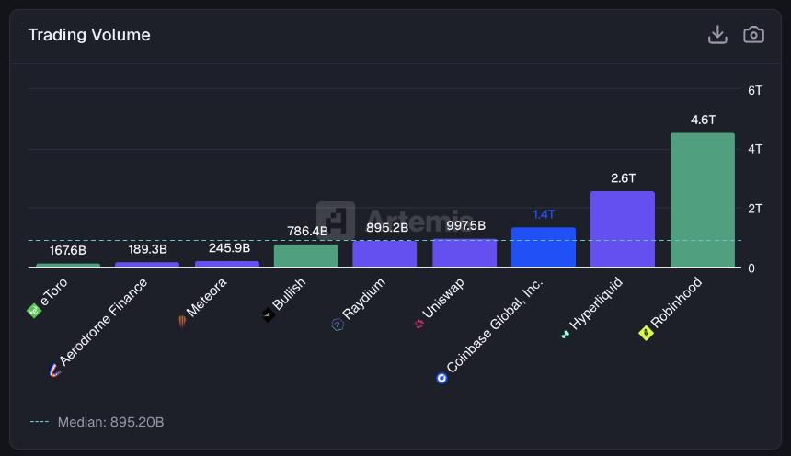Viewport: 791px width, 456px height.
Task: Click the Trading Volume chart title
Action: (x=89, y=35)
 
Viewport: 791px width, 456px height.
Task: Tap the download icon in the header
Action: (x=717, y=35)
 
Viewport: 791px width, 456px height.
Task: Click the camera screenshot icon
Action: (x=753, y=35)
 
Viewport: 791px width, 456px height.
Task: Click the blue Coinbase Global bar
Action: (x=544, y=247)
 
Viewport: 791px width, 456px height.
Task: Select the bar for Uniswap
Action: (x=464, y=254)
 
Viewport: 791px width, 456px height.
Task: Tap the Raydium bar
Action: (x=384, y=255)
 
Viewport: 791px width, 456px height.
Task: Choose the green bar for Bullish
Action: (x=305, y=256)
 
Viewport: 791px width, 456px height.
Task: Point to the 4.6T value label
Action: (x=703, y=120)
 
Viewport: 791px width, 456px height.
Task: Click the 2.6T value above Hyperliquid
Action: (x=623, y=177)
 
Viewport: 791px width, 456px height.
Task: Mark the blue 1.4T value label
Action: (x=544, y=214)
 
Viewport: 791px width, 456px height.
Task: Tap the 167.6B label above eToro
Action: (x=68, y=250)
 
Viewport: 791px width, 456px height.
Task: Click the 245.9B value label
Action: (x=227, y=247)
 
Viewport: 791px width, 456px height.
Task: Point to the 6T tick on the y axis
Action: (x=755, y=90)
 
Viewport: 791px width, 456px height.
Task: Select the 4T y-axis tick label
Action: (x=755, y=149)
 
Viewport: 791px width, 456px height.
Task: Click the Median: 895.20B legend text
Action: (x=110, y=422)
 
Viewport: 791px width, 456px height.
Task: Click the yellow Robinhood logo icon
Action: (x=646, y=333)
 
